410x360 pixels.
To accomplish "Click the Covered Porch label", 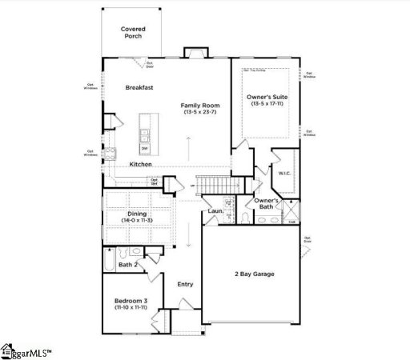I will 133,33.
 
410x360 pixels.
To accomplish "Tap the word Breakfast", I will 139,87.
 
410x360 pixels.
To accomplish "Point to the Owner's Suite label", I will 267,97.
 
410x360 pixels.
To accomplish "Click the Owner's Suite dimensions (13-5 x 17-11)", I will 267,104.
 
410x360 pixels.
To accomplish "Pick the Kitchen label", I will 141,164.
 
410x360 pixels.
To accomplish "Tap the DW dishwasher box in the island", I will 145,148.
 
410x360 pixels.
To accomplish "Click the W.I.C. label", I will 284,172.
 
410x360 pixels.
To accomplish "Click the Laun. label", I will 215,211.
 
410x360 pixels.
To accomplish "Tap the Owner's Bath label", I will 266,203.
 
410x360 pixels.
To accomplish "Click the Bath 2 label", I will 128,264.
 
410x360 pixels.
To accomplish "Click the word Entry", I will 185,283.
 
